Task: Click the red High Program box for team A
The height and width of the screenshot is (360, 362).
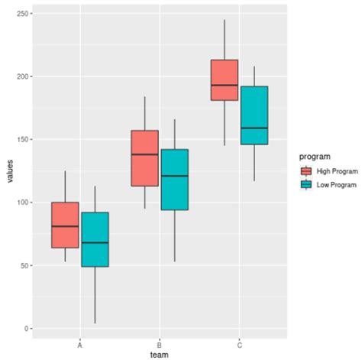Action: [65, 225]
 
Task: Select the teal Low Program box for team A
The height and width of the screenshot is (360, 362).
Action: [95, 239]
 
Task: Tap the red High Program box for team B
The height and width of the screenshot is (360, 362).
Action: [145, 158]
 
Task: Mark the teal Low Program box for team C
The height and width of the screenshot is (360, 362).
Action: [254, 115]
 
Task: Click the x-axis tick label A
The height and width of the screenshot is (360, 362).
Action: [80, 344]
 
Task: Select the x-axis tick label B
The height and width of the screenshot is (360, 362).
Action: [160, 344]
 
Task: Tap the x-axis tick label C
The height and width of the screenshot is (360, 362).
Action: [239, 344]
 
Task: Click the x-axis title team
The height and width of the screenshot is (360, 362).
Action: [160, 355]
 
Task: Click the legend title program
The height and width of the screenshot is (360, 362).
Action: [315, 156]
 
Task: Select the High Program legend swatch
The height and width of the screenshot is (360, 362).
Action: [306, 171]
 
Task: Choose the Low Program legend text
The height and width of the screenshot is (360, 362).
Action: [337, 185]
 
